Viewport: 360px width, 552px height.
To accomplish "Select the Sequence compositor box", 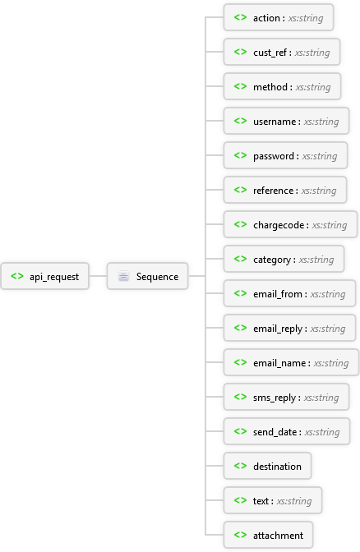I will tap(147, 277).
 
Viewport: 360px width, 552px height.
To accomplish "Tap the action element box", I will tap(278, 17).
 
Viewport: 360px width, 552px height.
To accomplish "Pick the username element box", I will tap(285, 121).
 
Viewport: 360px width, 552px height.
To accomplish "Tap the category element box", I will tap(283, 259).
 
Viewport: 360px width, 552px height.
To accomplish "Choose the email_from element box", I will tap(288, 293).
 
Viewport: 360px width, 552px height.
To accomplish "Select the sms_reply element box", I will tap(285, 397).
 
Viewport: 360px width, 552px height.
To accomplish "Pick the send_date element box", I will tap(285, 431).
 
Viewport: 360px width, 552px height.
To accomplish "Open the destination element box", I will tap(267, 466).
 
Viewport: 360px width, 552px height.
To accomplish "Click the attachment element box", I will tap(268, 535).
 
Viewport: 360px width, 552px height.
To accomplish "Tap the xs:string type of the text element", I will tap(294, 500).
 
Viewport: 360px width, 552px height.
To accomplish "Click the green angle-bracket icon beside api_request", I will tap(17, 277).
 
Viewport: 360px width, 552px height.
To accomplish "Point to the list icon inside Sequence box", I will tap(123, 277).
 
